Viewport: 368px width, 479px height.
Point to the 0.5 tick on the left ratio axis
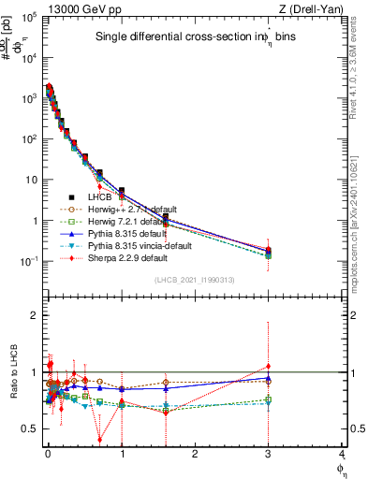coord(28,428)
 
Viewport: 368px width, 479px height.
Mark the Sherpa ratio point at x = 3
coord(269,366)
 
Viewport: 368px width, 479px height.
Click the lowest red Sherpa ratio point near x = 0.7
coord(100,440)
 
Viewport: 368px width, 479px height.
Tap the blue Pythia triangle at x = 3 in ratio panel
coord(269,378)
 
